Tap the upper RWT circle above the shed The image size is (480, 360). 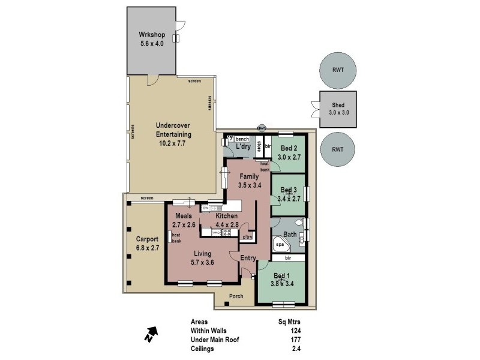[337, 70]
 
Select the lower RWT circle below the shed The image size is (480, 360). [337, 151]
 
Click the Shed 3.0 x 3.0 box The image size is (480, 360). [338, 110]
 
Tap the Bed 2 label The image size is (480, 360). [290, 148]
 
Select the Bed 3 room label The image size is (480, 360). [290, 190]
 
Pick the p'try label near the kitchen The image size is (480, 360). [247, 238]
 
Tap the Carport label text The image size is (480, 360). [147, 239]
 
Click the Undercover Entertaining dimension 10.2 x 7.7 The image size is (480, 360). [173, 143]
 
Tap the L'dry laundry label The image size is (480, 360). [243, 147]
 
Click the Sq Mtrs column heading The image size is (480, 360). [287, 321]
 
